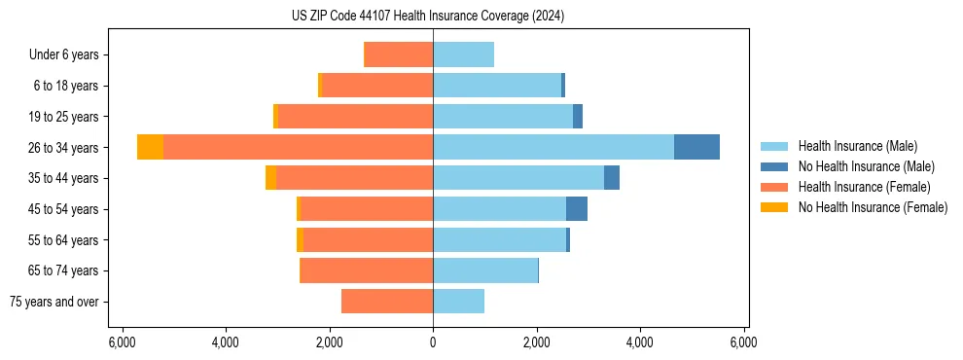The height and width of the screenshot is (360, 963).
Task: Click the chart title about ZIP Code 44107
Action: click(x=427, y=16)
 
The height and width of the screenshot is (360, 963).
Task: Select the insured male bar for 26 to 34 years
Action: click(x=553, y=147)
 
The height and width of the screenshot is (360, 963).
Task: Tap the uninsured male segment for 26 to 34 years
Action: click(x=696, y=147)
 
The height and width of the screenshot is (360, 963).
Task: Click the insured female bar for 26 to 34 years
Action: click(x=298, y=147)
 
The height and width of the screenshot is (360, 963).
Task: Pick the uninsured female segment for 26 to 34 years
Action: click(x=150, y=147)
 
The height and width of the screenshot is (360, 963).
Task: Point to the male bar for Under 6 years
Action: click(x=463, y=54)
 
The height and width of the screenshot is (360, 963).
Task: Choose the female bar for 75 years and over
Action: click(x=387, y=302)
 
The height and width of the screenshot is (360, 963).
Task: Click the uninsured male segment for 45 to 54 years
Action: click(x=577, y=209)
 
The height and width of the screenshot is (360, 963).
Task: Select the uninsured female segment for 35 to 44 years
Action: click(x=270, y=178)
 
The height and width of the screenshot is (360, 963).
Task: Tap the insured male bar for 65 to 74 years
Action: click(x=485, y=270)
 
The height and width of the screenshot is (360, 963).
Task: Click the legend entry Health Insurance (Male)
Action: click(x=857, y=146)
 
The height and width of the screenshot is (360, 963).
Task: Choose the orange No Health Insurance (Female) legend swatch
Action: click(x=774, y=207)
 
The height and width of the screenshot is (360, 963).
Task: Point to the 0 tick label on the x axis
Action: click(x=433, y=342)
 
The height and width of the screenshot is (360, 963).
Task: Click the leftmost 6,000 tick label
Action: click(x=122, y=342)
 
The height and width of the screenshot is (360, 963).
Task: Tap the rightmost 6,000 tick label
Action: click(x=744, y=342)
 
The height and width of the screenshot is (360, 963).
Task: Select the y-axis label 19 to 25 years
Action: click(x=63, y=117)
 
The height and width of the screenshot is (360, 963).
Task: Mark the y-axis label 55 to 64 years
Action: click(x=63, y=240)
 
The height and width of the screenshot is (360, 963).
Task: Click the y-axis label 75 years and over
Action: click(x=53, y=302)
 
